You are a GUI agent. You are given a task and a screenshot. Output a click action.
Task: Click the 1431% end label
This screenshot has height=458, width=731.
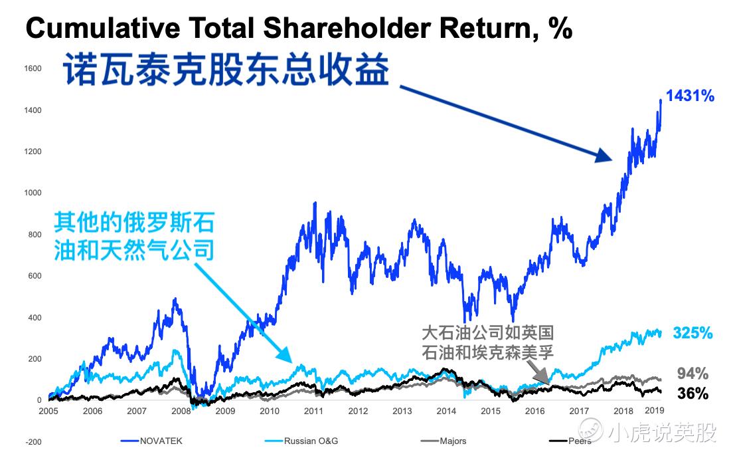click(x=690, y=96)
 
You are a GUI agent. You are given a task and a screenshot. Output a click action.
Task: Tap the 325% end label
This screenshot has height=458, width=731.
click(x=692, y=332)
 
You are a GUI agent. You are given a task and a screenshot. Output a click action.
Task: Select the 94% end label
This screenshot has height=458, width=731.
click(x=692, y=373)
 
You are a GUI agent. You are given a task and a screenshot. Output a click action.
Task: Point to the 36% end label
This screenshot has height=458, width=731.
click(x=692, y=394)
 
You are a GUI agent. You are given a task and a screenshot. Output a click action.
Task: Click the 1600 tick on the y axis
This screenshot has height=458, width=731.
click(x=33, y=68)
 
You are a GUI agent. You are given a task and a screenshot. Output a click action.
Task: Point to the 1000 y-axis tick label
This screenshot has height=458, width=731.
click(x=33, y=193)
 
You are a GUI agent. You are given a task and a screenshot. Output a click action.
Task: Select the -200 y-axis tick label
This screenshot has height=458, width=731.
click(x=33, y=442)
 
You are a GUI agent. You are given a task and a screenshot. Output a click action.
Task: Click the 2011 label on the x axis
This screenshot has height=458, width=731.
click(x=313, y=411)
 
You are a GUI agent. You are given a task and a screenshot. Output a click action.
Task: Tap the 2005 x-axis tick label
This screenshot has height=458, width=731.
click(x=49, y=411)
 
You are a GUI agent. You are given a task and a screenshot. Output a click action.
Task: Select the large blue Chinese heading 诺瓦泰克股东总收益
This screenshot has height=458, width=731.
click(x=225, y=71)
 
